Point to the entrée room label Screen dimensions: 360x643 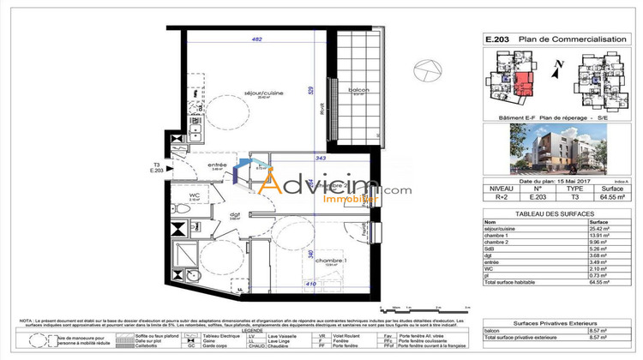218,166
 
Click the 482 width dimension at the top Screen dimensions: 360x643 255,39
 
